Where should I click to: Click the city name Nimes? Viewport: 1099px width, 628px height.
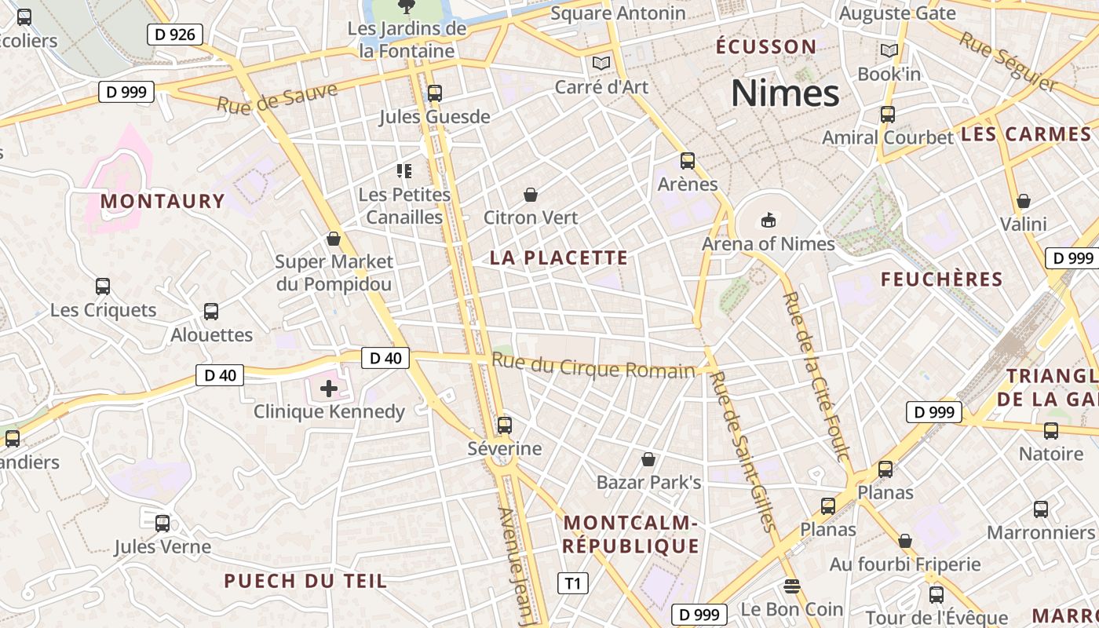(x=785, y=93)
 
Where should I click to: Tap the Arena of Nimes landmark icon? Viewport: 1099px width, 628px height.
(x=768, y=221)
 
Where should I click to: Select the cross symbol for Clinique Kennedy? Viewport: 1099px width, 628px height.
(x=329, y=388)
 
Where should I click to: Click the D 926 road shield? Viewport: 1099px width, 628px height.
(x=175, y=35)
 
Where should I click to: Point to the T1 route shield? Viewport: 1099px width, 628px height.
(x=573, y=583)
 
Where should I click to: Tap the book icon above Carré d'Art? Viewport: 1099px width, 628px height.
(x=601, y=63)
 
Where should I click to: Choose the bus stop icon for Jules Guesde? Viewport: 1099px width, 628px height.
(x=434, y=93)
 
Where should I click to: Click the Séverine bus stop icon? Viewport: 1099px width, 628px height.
(x=504, y=425)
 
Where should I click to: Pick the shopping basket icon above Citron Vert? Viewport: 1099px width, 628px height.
(x=531, y=194)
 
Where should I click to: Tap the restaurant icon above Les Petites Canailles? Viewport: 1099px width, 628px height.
(x=404, y=170)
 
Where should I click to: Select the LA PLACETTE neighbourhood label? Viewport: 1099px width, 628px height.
(x=559, y=257)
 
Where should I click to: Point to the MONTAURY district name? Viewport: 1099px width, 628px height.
(x=162, y=201)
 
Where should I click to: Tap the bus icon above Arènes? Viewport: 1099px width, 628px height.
(x=688, y=161)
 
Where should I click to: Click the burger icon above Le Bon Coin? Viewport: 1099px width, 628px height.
(x=791, y=586)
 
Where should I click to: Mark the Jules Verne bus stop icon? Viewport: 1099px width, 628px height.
(x=162, y=523)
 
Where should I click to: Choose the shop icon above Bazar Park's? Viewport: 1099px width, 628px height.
(x=648, y=458)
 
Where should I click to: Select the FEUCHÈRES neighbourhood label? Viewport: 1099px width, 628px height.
(x=941, y=279)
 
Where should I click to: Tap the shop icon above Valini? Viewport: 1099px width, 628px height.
(x=1023, y=201)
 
